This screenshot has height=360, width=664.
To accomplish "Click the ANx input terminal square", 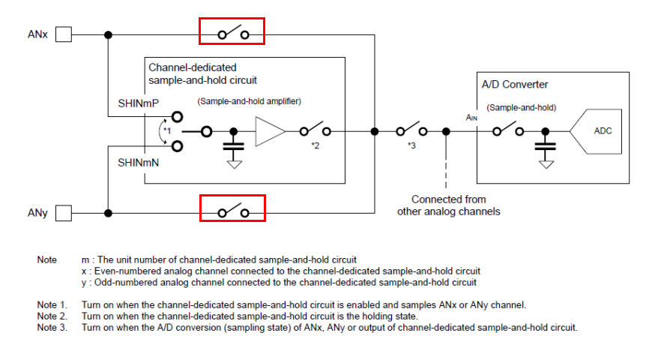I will coord(64,34).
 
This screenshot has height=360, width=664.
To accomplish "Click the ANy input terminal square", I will coord(64,213).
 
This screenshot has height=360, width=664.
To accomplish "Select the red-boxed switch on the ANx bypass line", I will coord(232,33).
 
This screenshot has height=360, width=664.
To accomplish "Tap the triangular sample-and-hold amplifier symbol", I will coord(270,131).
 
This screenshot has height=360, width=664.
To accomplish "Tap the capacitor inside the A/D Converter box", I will coord(544,147).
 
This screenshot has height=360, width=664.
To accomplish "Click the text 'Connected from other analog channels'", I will coord(448,205).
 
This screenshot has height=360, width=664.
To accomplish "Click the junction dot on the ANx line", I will coord(109,34).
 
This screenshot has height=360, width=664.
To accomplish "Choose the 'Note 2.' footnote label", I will coord(52,316).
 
